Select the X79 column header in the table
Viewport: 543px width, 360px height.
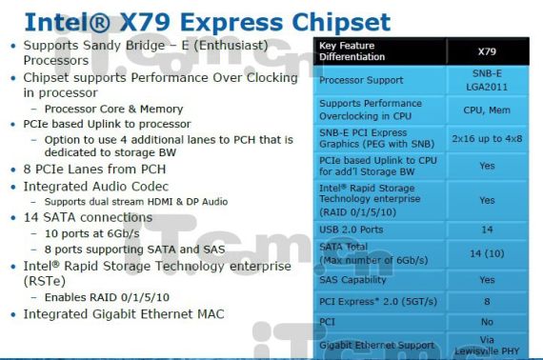[x=487, y=50]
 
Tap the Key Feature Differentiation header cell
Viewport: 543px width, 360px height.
[x=352, y=50]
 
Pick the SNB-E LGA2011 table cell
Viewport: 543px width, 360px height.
[x=487, y=80]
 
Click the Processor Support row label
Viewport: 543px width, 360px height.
[x=361, y=80]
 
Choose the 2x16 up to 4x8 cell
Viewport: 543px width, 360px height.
[x=487, y=138]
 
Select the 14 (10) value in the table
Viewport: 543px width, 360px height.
[x=487, y=253]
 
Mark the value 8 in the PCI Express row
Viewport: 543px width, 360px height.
[x=487, y=302]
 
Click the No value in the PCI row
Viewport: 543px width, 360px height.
[x=487, y=322]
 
